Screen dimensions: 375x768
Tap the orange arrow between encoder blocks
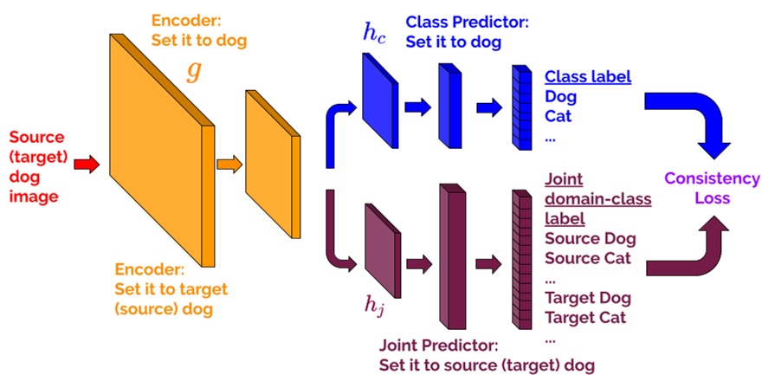tap(229, 163)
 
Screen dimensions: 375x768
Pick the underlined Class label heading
tap(587, 76)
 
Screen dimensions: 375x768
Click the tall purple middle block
tap(453, 260)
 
